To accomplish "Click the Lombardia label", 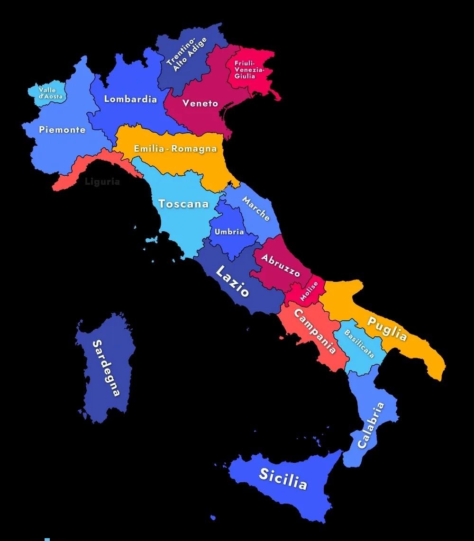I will pos(130,99).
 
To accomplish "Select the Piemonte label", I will pos(62,129).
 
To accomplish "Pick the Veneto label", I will pos(201,103).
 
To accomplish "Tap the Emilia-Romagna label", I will pos(175,148).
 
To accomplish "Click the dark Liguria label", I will pos(102,181).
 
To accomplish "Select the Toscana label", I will pos(183,204).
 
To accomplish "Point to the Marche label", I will pos(256,208).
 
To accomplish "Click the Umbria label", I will pos(229,232).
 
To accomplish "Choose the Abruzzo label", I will pos(281,266).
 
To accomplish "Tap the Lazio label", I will pos(232,281).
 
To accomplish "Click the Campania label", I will pos(315,332).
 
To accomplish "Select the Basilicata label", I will pos(359,344).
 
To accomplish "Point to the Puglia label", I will pos(387,328).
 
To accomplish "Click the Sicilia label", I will pos(283,478).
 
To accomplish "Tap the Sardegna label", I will pos(106,368).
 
